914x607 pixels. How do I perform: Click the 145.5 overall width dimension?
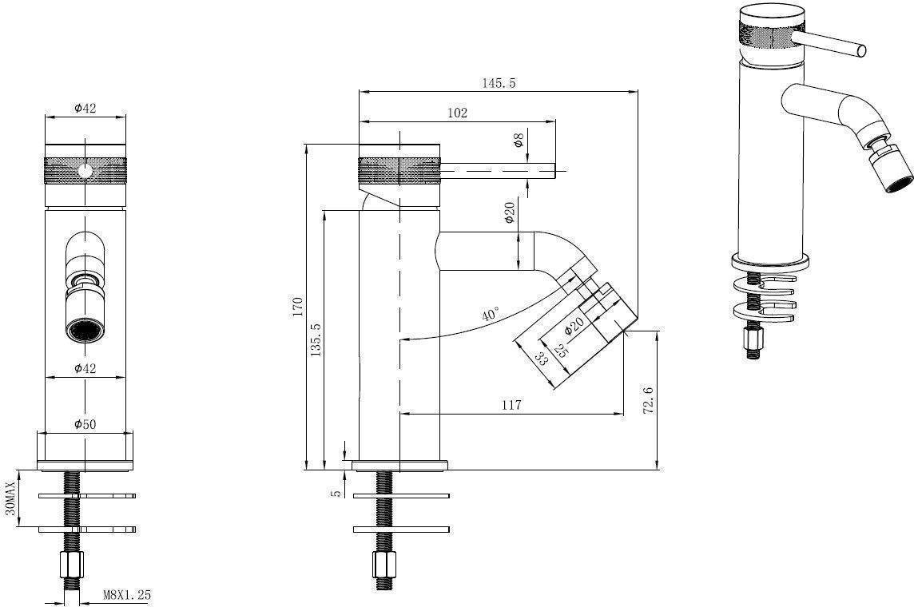pos(499,83)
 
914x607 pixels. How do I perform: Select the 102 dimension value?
pos(457,113)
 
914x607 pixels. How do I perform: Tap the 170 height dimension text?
pos(299,307)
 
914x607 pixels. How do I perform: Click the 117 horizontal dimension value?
pos(511,405)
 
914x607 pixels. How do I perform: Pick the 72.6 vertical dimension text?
pos(648,401)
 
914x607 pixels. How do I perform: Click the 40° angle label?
pos(491,315)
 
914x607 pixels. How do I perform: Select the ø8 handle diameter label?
pos(518,140)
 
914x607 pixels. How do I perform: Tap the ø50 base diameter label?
pos(85,424)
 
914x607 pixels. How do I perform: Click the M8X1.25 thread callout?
pos(127,595)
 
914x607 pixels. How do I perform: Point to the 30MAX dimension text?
pos(10,498)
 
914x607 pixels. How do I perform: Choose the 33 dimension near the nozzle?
pos(542,359)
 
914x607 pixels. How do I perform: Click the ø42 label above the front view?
pos(85,108)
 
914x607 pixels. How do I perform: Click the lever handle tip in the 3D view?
pos(861,50)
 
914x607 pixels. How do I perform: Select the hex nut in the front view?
pos(72,563)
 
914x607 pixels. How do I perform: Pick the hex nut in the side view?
pos(384,563)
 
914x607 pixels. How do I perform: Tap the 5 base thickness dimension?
pos(336,493)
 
